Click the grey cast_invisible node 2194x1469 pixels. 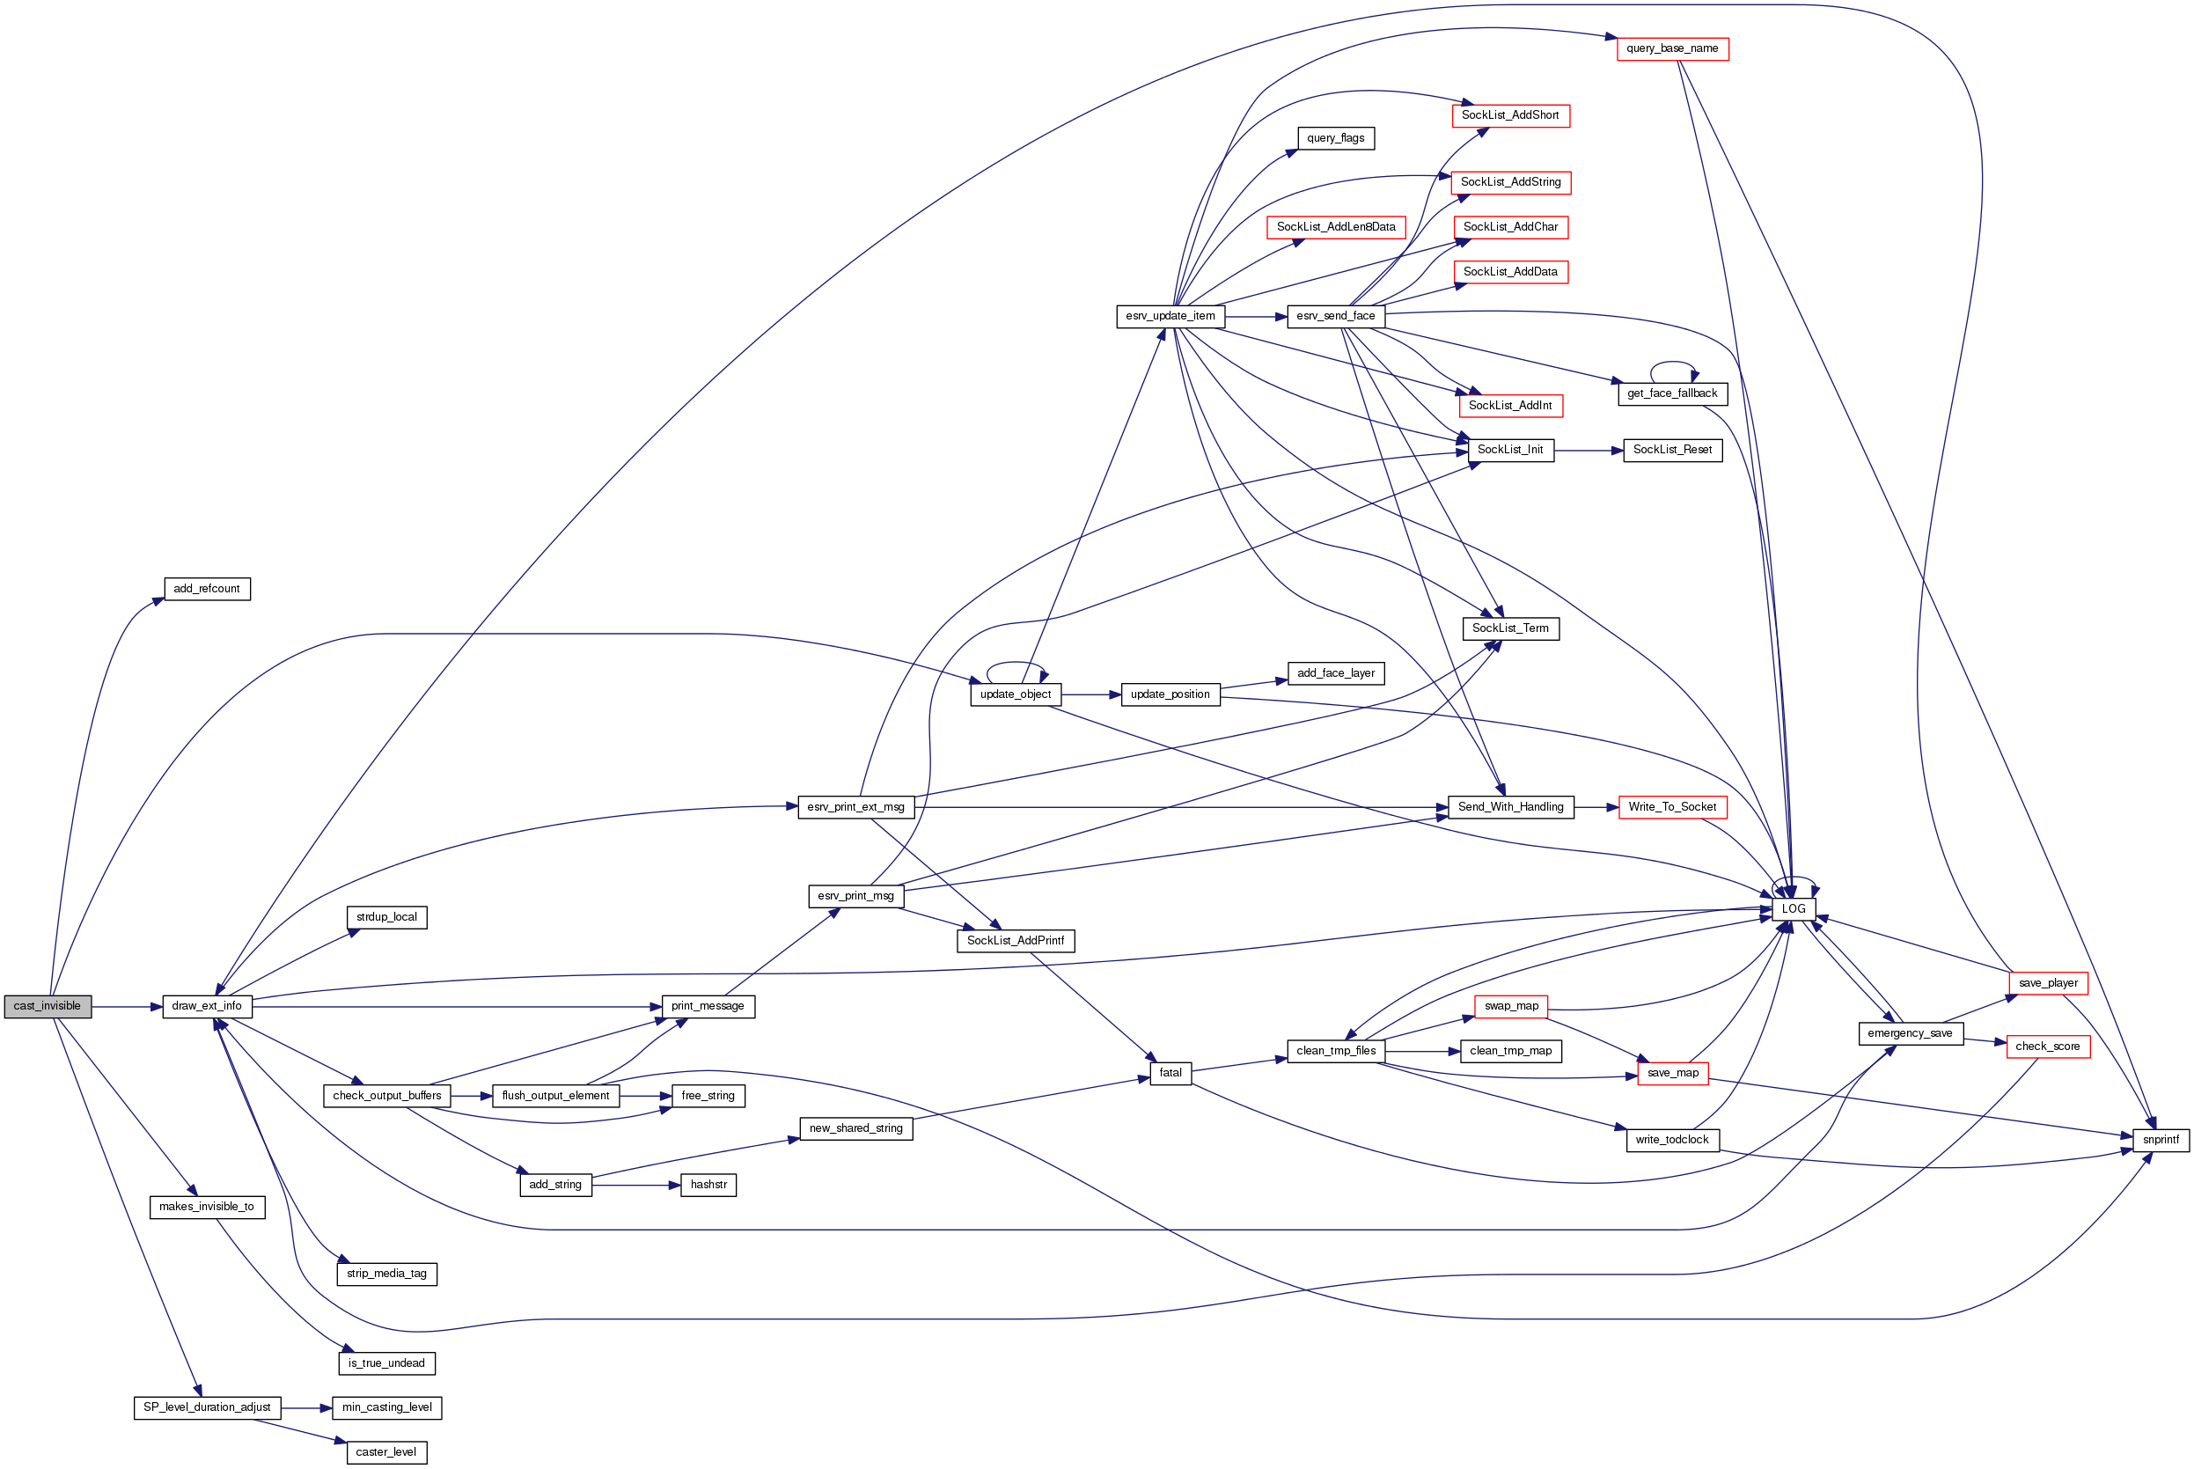click(48, 1006)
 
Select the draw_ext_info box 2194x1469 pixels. click(207, 1006)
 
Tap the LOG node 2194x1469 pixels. click(1793, 908)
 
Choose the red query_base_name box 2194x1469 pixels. click(1672, 48)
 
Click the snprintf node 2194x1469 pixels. click(2161, 1140)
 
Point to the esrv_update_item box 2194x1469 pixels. click(1170, 317)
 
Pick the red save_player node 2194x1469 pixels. click(2048, 983)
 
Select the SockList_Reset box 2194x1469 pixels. click(1672, 451)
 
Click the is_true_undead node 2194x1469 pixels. click(386, 1363)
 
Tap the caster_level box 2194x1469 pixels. click(386, 1452)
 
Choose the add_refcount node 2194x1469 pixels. click(207, 590)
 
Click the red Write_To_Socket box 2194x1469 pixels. click(1672, 808)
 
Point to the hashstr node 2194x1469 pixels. click(708, 1185)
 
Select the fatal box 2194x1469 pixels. click(1170, 1073)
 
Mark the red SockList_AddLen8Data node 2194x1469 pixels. click(1336, 227)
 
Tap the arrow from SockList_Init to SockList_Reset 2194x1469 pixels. click(1588, 451)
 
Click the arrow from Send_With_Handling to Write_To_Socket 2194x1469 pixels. click(1596, 808)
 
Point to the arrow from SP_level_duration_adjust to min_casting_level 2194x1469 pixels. click(306, 1408)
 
